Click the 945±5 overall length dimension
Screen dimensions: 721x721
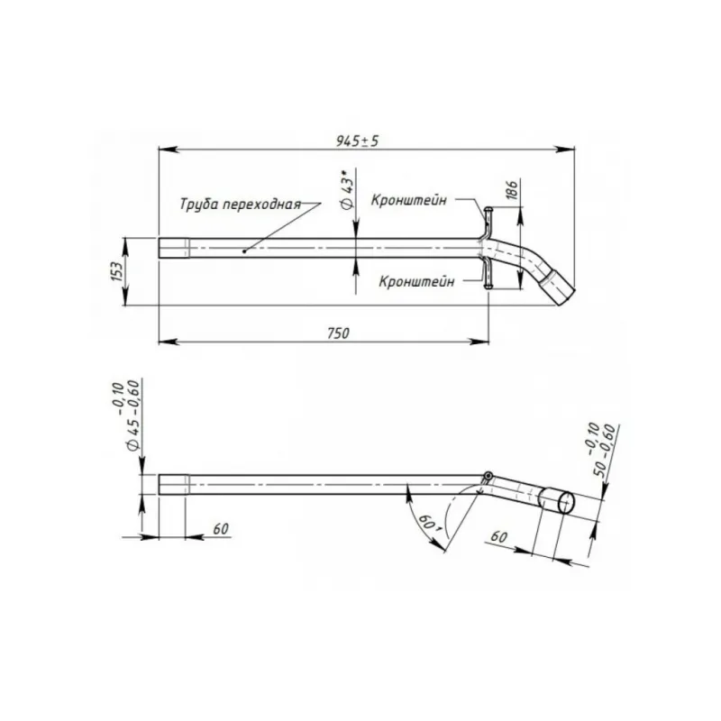tap(357, 141)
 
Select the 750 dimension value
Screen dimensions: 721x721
tap(339, 333)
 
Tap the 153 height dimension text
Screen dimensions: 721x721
tap(117, 271)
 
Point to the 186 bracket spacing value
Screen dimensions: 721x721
tap(512, 189)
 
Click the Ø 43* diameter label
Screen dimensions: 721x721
tap(348, 189)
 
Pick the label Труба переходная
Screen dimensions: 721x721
tap(240, 204)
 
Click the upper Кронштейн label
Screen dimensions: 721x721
tap(409, 200)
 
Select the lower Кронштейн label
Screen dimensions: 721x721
tap(416, 281)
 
